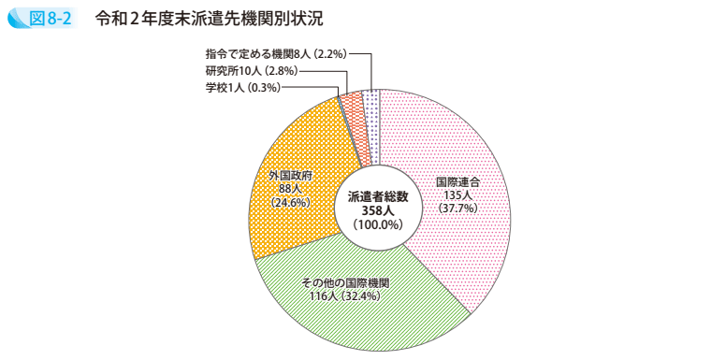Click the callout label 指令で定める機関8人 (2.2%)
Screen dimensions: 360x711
(x=275, y=54)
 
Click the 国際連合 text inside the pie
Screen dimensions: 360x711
(x=458, y=182)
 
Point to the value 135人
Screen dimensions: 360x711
(x=458, y=194)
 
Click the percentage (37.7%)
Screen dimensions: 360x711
(x=458, y=208)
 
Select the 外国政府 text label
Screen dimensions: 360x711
(x=289, y=175)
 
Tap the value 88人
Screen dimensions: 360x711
(x=289, y=188)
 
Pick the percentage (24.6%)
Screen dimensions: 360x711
(x=289, y=201)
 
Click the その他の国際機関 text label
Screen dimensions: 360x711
(x=344, y=282)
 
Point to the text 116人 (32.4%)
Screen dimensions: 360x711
(x=344, y=295)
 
